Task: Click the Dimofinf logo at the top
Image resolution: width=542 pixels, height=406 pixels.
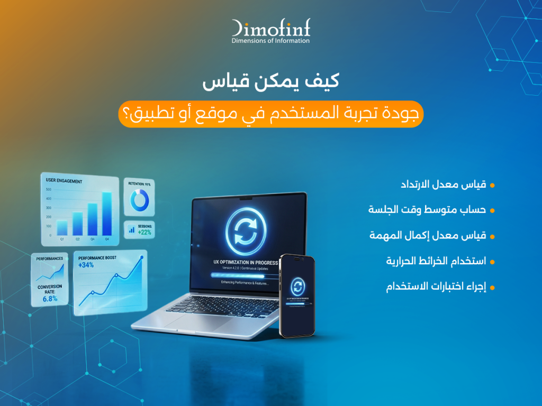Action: click(270, 31)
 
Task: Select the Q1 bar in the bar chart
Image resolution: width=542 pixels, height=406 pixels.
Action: click(62, 227)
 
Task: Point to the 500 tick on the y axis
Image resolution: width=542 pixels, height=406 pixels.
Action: click(48, 189)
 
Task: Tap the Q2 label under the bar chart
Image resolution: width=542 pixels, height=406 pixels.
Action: click(77, 239)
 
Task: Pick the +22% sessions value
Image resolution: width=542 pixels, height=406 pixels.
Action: click(144, 232)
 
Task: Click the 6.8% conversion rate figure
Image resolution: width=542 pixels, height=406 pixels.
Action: click(50, 299)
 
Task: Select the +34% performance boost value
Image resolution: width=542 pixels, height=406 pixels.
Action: click(86, 265)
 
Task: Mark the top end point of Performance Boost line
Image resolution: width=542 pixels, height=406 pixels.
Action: click(142, 257)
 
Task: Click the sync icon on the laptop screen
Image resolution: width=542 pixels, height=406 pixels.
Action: click(245, 231)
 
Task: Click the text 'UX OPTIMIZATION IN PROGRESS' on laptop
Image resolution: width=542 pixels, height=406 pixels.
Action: click(245, 262)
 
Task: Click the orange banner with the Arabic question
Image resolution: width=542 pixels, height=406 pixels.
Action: click(270, 114)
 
